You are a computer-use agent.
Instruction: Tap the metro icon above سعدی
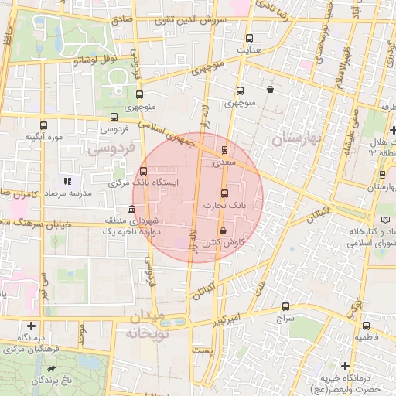pyautogui.click(x=224, y=149)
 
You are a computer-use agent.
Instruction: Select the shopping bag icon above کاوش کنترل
pyautogui.click(x=223, y=230)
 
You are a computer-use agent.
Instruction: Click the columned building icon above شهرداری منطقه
pyautogui.click(x=132, y=210)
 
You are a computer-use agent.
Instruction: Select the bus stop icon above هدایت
pyautogui.click(x=249, y=36)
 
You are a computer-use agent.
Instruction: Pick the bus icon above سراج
pyautogui.click(x=286, y=306)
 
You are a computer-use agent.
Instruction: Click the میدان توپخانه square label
pyautogui.click(x=146, y=326)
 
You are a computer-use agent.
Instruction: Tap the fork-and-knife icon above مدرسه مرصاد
pyautogui.click(x=67, y=180)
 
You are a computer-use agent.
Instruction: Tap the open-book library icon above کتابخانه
pyautogui.click(x=376, y=220)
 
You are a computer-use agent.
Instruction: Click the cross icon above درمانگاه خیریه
pyautogui.click(x=345, y=365)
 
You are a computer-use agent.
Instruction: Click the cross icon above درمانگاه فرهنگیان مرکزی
pyautogui.click(x=31, y=326)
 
